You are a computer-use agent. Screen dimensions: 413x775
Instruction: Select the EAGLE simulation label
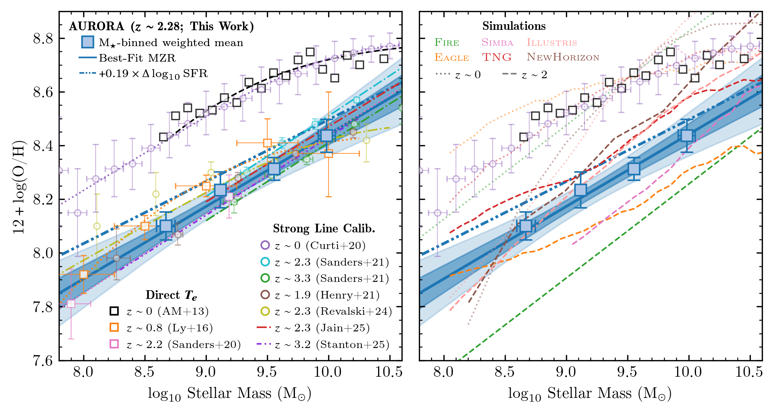click(x=451, y=57)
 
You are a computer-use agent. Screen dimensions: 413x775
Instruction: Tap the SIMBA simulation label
click(x=497, y=42)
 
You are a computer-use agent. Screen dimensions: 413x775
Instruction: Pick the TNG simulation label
click(x=497, y=57)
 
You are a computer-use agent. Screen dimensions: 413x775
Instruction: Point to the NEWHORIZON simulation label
click(x=563, y=57)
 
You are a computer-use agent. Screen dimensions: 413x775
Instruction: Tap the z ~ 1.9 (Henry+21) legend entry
click(x=327, y=295)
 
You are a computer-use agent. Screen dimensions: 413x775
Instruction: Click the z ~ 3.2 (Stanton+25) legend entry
click(x=332, y=345)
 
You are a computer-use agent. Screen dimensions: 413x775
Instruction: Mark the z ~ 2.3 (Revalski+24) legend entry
click(x=333, y=311)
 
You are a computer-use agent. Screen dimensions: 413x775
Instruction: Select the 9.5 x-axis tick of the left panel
click(x=267, y=373)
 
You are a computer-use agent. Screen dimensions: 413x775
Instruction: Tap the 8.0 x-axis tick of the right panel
click(x=443, y=373)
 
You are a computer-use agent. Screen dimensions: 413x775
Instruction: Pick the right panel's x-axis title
click(x=590, y=394)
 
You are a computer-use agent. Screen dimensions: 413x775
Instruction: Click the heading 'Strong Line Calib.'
click(x=324, y=229)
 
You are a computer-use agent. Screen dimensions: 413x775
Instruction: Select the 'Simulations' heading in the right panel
click(x=514, y=26)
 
